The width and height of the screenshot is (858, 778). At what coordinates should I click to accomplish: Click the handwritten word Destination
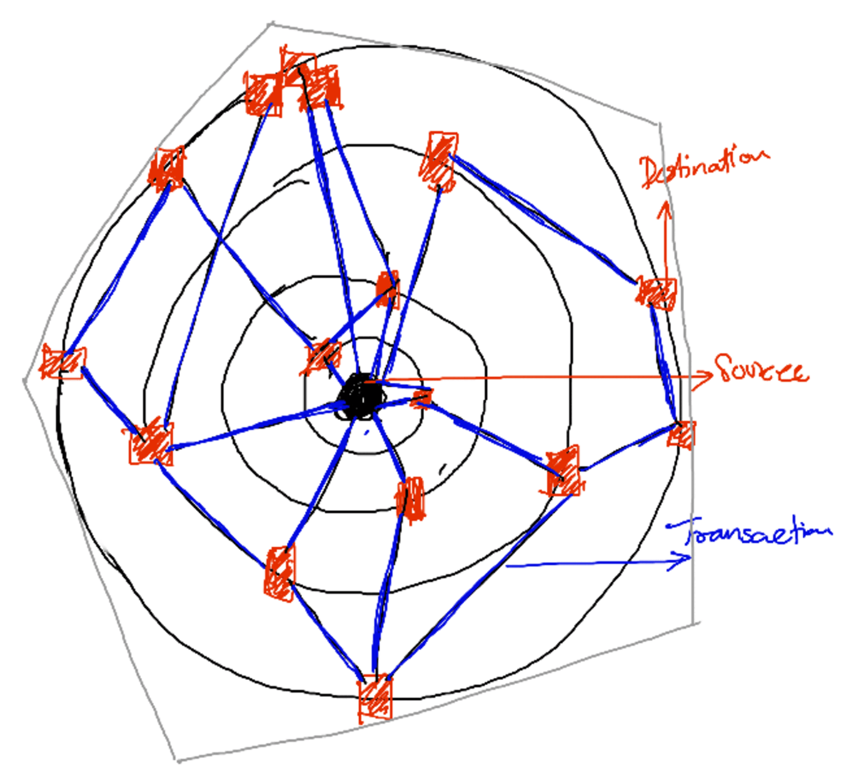704,168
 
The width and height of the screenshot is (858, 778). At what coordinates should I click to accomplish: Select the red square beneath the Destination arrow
656,293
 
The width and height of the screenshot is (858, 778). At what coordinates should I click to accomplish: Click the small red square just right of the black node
422,398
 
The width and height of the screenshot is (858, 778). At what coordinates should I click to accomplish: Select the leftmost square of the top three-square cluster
263,94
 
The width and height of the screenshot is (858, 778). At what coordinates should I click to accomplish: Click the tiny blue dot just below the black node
366,433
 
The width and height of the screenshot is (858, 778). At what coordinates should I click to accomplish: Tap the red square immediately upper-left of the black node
323,355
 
